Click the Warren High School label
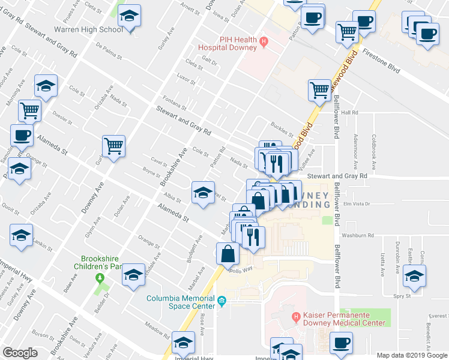click(88, 29)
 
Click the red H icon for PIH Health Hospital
click(263, 41)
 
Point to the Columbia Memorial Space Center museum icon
click(221, 301)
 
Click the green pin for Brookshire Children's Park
click(99, 278)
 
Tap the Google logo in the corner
click(20, 352)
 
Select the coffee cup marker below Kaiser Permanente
click(341, 343)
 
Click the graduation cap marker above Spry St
click(414, 276)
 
